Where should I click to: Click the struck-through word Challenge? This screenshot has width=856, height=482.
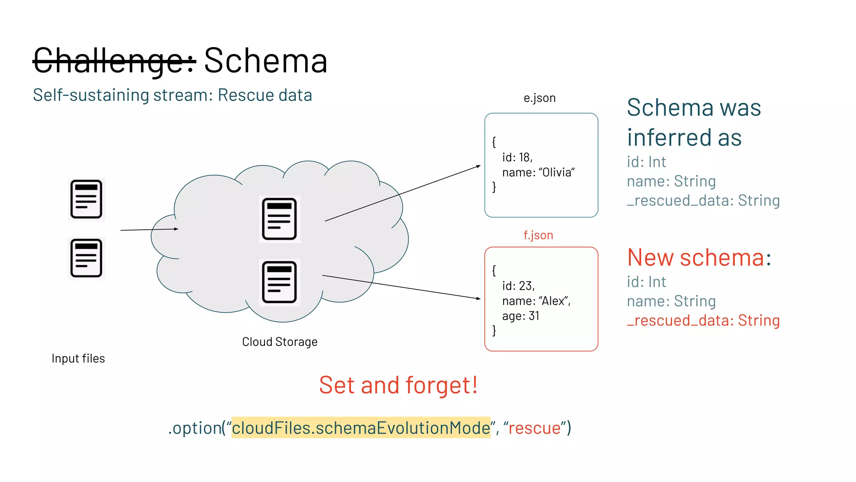point(114,61)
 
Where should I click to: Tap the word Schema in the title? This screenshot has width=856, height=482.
point(265,61)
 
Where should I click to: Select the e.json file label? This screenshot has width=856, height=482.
point(539,98)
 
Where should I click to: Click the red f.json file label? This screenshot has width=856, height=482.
point(538,235)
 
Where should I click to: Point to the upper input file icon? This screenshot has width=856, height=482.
point(86,199)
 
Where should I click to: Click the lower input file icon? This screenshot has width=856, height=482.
point(86,258)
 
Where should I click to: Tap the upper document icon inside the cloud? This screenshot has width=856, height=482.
point(279,219)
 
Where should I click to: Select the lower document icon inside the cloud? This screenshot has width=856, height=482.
point(279,282)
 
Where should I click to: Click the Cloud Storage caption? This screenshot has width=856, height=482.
point(280,342)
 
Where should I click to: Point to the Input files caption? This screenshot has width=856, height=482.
point(78,359)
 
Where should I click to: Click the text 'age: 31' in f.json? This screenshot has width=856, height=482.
point(520,316)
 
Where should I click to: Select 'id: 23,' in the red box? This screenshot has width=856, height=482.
point(518,286)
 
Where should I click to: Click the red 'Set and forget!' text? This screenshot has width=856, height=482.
point(398,385)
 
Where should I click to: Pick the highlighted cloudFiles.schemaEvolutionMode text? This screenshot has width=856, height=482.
point(361,428)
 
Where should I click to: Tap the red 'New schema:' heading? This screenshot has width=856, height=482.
point(699,257)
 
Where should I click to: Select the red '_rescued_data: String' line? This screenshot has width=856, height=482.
point(703,320)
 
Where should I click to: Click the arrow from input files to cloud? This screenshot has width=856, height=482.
point(149,230)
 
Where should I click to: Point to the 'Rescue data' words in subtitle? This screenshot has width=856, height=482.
point(265,95)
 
